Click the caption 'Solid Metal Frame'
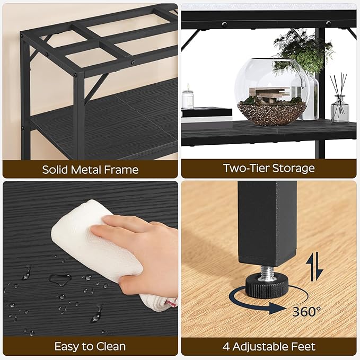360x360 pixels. click(x=90, y=170)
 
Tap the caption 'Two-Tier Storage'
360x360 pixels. click(x=269, y=169)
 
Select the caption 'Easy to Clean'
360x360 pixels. click(x=90, y=347)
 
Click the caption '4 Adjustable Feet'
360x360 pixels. click(x=269, y=347)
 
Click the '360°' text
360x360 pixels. click(x=306, y=311)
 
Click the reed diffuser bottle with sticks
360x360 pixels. click(x=340, y=106)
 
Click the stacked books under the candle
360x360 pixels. click(x=206, y=113)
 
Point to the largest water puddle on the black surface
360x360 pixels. click(x=59, y=278)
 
